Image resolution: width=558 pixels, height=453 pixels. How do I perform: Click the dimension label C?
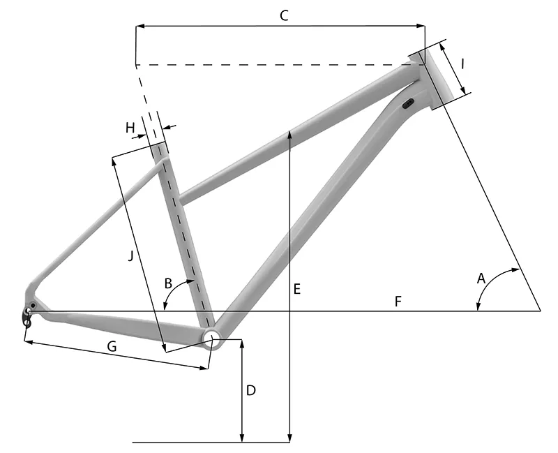tap(284, 15)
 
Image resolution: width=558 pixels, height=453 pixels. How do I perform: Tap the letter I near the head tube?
tap(462, 64)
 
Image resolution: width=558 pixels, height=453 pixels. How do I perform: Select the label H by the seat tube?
tap(130, 128)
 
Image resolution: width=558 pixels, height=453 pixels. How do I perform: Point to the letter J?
tap(131, 255)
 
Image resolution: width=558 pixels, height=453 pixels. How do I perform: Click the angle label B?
tap(168, 283)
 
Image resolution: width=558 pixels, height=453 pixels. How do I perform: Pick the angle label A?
tap(481, 278)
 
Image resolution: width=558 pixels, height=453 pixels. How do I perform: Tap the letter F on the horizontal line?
tap(398, 302)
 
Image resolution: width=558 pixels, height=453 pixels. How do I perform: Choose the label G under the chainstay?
tap(112, 346)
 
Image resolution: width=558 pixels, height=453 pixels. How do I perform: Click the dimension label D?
tap(251, 390)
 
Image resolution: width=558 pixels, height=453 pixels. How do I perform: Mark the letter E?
tap(297, 289)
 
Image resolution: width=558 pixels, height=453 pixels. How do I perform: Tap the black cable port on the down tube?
tap(408, 103)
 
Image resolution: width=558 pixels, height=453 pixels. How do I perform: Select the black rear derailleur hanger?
tap(27, 317)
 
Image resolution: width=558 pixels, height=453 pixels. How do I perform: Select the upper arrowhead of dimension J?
tap(114, 162)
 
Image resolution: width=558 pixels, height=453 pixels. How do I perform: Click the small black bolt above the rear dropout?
tap(33, 305)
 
